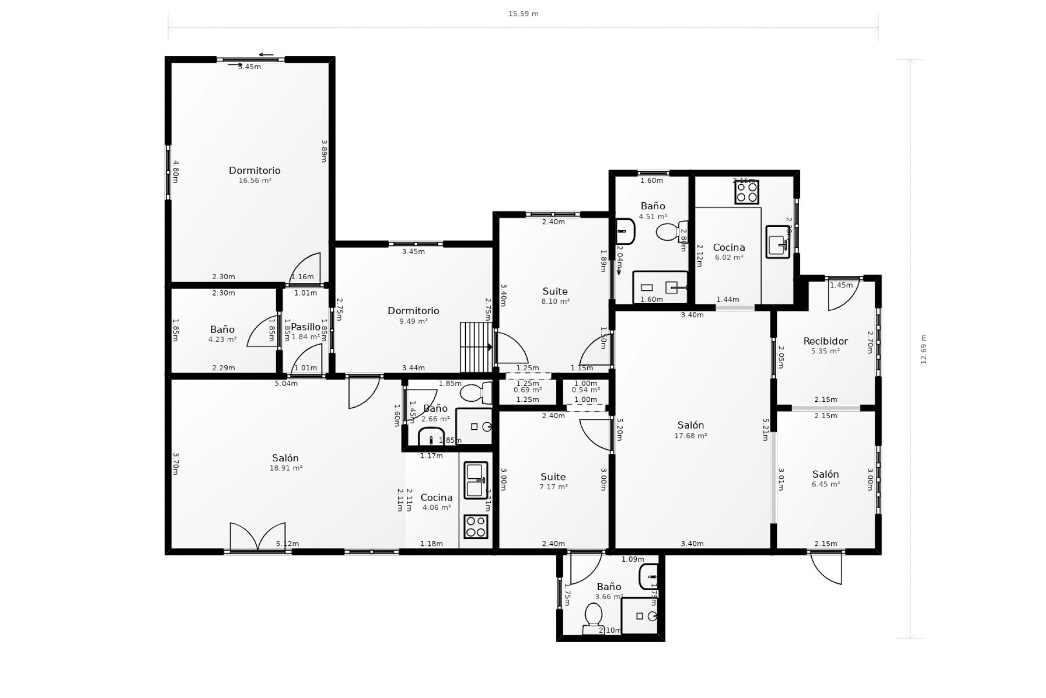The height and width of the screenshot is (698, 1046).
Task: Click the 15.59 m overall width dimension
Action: (523, 14)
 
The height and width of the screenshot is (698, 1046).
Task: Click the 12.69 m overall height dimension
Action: (923, 349)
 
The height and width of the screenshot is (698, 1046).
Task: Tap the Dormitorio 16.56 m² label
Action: (254, 174)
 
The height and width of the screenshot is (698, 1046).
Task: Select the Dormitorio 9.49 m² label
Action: (413, 315)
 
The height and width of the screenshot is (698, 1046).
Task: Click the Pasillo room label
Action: (306, 327)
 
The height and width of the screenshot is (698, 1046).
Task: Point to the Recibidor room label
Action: (825, 341)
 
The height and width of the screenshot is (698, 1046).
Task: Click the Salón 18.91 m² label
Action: (285, 462)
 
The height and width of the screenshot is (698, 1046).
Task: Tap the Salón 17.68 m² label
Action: (690, 430)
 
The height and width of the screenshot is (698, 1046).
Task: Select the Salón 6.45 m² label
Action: (825, 478)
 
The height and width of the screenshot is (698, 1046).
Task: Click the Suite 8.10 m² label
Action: (555, 296)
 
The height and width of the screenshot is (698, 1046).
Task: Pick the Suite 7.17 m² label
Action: (553, 481)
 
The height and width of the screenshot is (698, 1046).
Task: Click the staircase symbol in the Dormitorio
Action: (476, 347)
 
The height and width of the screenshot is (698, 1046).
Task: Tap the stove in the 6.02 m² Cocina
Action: (746, 192)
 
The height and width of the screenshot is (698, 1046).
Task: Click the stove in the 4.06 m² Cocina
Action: (476, 526)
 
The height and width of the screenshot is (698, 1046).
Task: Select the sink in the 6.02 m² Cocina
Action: (777, 242)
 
